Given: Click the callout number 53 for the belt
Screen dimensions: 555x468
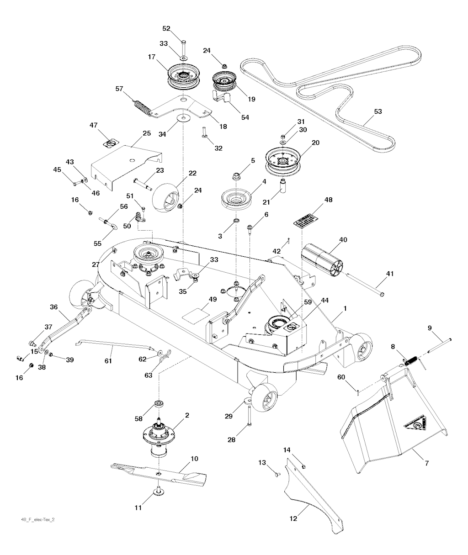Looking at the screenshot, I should click(x=378, y=111).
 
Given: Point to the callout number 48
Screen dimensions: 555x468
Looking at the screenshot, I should click(x=328, y=200).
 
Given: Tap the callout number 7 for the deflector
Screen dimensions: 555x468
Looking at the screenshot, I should click(x=427, y=463).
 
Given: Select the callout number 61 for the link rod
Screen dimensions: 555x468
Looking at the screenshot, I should click(x=108, y=361).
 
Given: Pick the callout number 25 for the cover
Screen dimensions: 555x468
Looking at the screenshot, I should click(x=146, y=133).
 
